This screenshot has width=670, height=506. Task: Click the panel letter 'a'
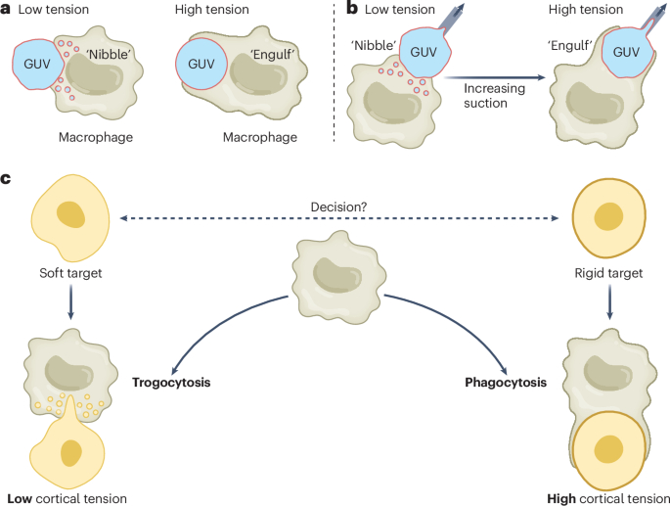click(7, 9)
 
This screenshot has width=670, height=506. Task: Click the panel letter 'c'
click(7, 179)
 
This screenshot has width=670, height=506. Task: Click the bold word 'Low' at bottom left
click(20, 497)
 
